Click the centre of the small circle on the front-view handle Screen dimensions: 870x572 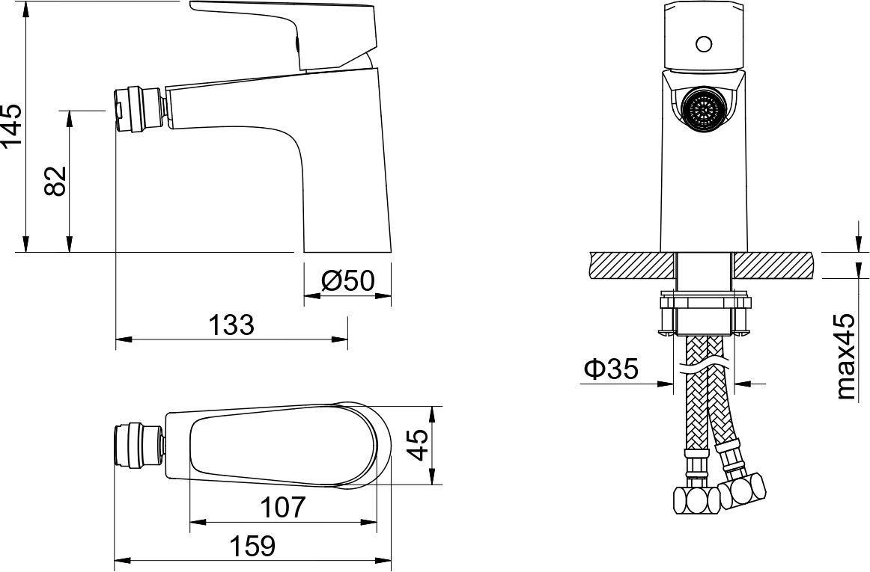[x=704, y=43]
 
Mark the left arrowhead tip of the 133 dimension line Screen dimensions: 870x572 [x=116, y=339]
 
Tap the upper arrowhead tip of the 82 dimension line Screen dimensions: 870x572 [x=70, y=111]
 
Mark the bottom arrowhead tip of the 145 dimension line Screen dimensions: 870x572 [x=25, y=252]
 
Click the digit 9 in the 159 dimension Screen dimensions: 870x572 [x=267, y=546]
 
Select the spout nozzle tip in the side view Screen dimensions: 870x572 [x=139, y=110]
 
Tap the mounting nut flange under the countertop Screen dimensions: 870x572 [x=704, y=303]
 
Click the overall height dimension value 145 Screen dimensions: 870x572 [x=12, y=126]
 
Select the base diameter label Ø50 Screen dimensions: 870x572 [x=348, y=280]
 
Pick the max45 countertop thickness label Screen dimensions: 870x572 [x=847, y=357]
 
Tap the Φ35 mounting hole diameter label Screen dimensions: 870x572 [x=611, y=369]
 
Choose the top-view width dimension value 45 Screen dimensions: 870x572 [x=419, y=445]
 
